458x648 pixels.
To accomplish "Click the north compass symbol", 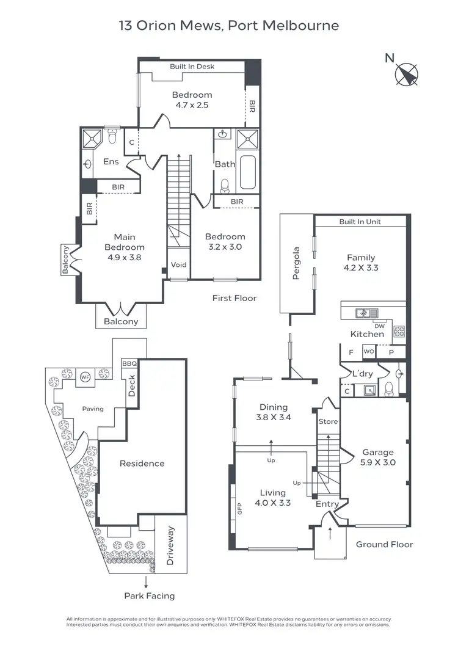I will (405, 75).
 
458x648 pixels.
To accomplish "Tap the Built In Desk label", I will (192, 67).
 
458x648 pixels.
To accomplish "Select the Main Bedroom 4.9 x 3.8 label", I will (125, 247).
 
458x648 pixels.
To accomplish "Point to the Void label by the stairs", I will (178, 265).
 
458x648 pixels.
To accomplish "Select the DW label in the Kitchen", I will (379, 326).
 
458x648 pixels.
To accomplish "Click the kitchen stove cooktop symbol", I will (400, 332).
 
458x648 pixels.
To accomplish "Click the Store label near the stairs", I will (327, 421).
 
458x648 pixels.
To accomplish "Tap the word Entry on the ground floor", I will (327, 504).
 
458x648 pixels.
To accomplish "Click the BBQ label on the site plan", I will (129, 363).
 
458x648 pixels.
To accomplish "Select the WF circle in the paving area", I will (86, 376).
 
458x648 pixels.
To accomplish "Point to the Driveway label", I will (170, 545).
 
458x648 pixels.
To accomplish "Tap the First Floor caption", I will (234, 298).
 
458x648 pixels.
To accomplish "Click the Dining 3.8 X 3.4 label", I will (274, 412).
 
